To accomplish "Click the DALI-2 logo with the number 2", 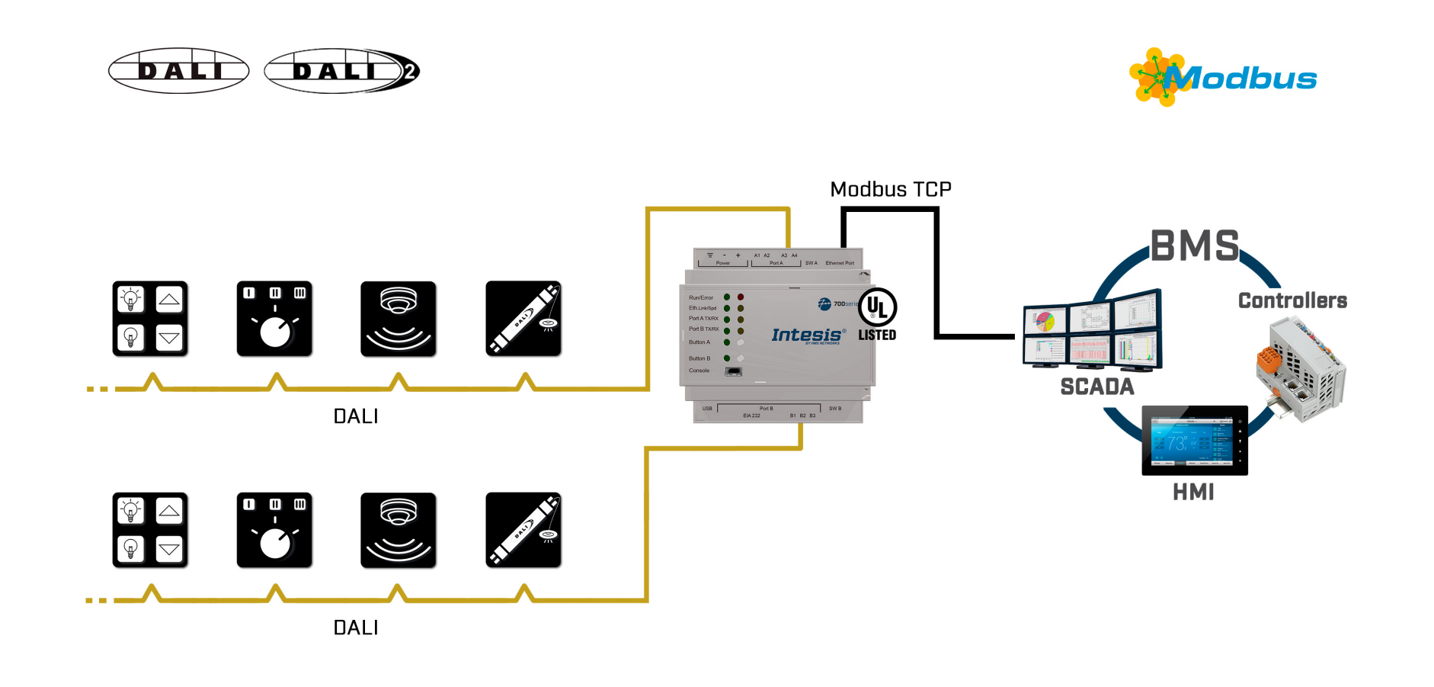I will tap(342, 71).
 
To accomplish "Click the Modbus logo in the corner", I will tap(1224, 77).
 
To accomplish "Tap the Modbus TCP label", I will tap(891, 189).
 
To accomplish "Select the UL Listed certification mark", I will tap(877, 313).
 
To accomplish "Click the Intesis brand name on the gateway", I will tap(807, 335).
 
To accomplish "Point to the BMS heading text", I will tap(1194, 246).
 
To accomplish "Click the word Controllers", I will tap(1292, 300).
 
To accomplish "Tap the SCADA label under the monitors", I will tap(1097, 387).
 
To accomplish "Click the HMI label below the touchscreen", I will tap(1193, 492).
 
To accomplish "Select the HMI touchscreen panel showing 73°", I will tap(1194, 441).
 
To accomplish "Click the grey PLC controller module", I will tap(1301, 370).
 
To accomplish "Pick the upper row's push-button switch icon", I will tap(150, 319).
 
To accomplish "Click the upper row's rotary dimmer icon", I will tap(274, 319).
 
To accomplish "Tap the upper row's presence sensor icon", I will tap(399, 319).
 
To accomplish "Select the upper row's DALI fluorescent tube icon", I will tap(523, 319).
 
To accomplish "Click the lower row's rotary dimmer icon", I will tap(274, 530).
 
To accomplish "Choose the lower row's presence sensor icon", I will tap(399, 530).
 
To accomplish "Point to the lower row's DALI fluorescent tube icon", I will tap(523, 530).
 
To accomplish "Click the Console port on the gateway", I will tap(733, 371).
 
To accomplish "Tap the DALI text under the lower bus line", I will tap(356, 628).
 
